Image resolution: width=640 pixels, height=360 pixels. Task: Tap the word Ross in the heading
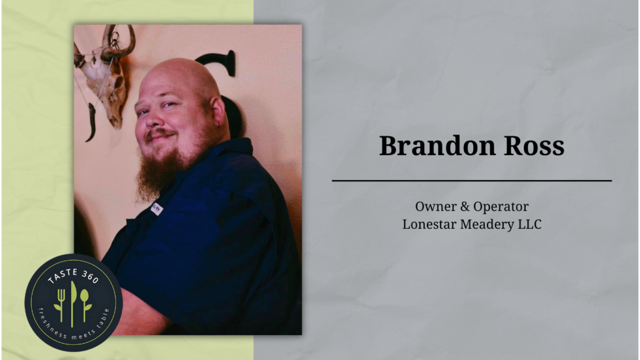534,146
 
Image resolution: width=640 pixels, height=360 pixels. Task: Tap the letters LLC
530,224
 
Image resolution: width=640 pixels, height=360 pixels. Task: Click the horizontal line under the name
472,181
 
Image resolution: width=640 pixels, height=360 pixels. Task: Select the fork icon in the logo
61,305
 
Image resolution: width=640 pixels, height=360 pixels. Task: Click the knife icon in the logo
74,304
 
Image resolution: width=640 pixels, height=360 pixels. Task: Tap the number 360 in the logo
90,276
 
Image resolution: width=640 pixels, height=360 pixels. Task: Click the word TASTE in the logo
62,276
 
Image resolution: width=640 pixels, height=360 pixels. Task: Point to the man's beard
157,174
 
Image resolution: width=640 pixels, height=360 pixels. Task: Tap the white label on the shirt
156,209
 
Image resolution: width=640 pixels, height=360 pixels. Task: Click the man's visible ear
217,113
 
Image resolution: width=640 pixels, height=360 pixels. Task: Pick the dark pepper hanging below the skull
91,122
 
